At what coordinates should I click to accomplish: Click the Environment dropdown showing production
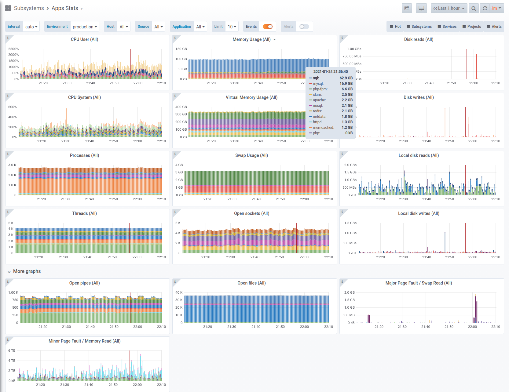[x=85, y=27]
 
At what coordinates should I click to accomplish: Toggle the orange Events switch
[x=268, y=27]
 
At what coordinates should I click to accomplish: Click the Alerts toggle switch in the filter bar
[x=304, y=27]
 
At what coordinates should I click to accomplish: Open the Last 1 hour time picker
[x=449, y=8]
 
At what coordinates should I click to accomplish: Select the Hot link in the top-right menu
[x=395, y=27]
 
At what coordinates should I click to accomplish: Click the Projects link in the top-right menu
[x=472, y=27]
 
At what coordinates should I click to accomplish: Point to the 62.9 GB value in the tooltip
[x=346, y=78]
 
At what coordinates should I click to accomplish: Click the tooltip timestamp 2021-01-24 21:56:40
[x=331, y=72]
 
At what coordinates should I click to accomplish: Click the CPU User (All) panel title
[x=84, y=39]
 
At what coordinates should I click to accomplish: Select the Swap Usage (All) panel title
[x=251, y=155]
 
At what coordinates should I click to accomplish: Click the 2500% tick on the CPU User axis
[x=14, y=49]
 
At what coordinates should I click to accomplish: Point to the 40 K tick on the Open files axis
[x=179, y=292]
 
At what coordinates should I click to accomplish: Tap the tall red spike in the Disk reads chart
[x=476, y=67]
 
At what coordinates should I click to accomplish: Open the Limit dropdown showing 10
[x=232, y=27]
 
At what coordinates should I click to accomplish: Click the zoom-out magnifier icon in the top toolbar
[x=474, y=8]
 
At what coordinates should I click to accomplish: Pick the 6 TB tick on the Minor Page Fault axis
[x=12, y=350]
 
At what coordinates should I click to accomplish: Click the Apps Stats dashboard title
[x=65, y=8]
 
